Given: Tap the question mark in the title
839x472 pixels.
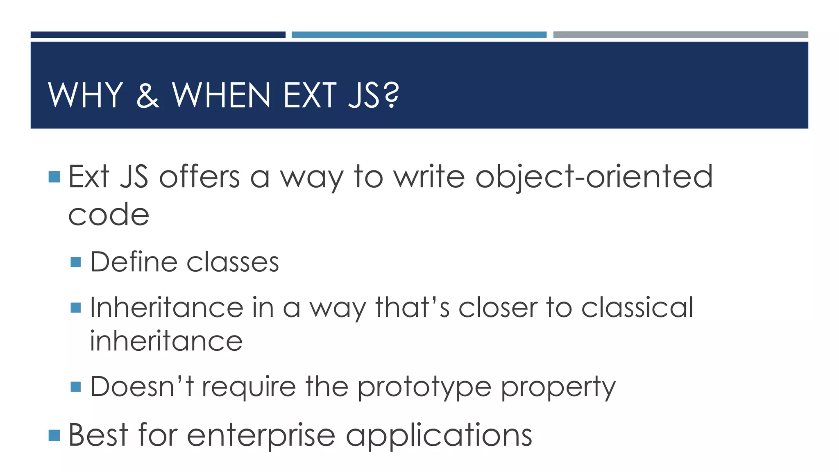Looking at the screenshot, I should [392, 95].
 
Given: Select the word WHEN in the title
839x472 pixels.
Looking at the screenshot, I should [221, 95].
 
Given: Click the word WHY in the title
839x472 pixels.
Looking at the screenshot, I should [86, 95].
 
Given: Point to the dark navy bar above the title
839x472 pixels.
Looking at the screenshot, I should [158, 35].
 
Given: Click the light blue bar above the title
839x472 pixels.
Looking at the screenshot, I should [419, 35].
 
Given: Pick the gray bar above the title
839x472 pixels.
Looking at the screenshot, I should [680, 35].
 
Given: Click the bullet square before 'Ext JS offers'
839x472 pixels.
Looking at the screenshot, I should [54, 177].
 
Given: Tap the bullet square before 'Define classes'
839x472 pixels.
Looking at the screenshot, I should [76, 262].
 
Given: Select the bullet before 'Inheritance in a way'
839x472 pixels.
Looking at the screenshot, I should [76, 308].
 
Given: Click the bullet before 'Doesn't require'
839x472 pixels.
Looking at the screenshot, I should [76, 387].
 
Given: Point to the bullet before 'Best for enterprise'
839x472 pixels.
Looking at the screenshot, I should [54, 435].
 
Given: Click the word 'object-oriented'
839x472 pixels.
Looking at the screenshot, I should [594, 177].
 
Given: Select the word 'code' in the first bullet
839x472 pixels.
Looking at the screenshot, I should [109, 215].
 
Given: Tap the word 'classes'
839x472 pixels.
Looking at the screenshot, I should [233, 262].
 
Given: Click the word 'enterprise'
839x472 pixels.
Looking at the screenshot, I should [261, 435].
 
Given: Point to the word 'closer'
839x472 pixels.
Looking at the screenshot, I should [497, 307].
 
